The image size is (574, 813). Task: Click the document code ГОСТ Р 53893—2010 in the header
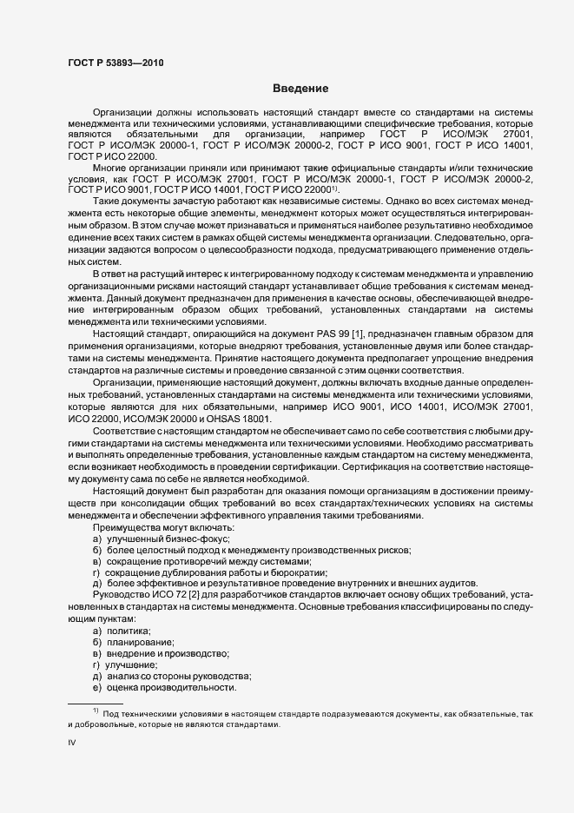pos(115,63)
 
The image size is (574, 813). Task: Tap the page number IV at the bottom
pos(72,743)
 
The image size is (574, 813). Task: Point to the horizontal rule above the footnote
pos(96,703)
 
